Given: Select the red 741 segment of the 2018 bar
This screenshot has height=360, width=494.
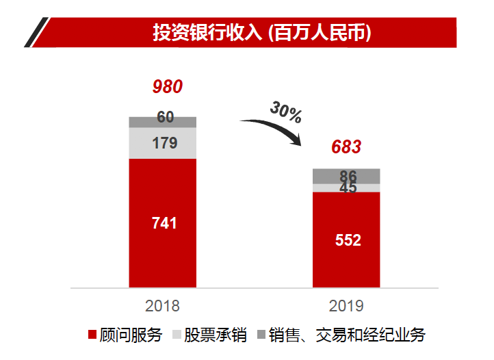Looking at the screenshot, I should pyautogui.click(x=163, y=223).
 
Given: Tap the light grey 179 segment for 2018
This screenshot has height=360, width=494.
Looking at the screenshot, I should pyautogui.click(x=163, y=143).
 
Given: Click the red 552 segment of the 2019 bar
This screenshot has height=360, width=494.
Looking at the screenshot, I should pyautogui.click(x=346, y=240).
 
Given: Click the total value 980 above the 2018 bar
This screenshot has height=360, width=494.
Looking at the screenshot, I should pyautogui.click(x=168, y=88).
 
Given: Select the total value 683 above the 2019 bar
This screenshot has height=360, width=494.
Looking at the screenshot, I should pyautogui.click(x=346, y=147).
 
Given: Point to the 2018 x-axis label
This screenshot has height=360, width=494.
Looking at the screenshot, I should pyautogui.click(x=163, y=305).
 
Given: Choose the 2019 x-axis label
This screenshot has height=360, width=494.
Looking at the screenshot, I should pyautogui.click(x=346, y=305).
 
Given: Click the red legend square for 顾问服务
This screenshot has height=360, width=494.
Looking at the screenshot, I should pyautogui.click(x=92, y=335).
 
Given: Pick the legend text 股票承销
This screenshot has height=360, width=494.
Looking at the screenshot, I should pyautogui.click(x=216, y=335).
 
